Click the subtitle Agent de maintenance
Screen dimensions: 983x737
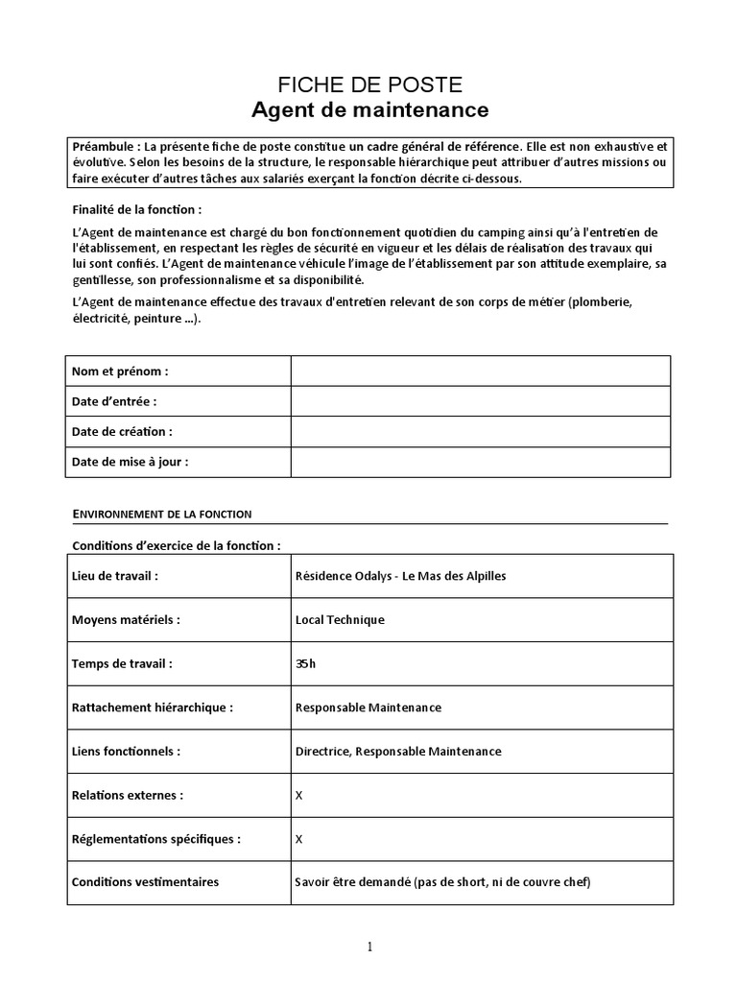(x=369, y=110)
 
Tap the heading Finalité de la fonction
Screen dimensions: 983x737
(x=137, y=209)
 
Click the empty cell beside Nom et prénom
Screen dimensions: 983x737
(x=480, y=371)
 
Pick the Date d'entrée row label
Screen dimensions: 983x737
(x=114, y=401)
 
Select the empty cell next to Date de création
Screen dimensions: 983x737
(x=480, y=431)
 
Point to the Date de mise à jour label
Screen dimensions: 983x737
(x=130, y=462)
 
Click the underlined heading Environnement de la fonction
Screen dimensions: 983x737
(x=162, y=515)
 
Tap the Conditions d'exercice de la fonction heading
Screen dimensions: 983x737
(x=177, y=545)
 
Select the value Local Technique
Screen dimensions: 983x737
(x=340, y=620)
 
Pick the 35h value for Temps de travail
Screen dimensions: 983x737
(x=306, y=663)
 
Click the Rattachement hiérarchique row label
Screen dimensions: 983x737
(x=153, y=707)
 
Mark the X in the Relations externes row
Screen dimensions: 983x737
(x=299, y=795)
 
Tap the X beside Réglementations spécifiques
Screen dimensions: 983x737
(x=299, y=838)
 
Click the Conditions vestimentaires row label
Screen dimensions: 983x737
(x=145, y=882)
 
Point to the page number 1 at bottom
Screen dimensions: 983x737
(x=369, y=947)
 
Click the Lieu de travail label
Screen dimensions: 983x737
(x=115, y=576)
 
